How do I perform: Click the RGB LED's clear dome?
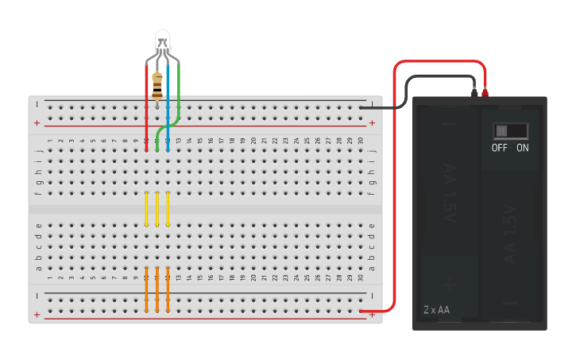(x=162, y=40)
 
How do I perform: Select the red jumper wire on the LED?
(x=146, y=103)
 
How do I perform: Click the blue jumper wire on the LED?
(x=168, y=111)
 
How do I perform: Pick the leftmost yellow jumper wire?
(x=146, y=208)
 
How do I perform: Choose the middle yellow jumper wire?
(x=157, y=208)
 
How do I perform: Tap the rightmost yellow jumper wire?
(x=168, y=208)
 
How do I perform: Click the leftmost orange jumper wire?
(x=146, y=290)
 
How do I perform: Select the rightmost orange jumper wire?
(x=168, y=290)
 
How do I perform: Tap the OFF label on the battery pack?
(x=500, y=148)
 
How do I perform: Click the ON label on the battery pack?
(x=523, y=148)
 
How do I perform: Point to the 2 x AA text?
(x=436, y=309)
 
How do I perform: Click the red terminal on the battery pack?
(x=485, y=92)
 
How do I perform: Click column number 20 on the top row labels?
(x=254, y=141)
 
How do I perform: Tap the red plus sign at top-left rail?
(x=37, y=123)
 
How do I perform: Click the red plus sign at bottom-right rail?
(x=372, y=315)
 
